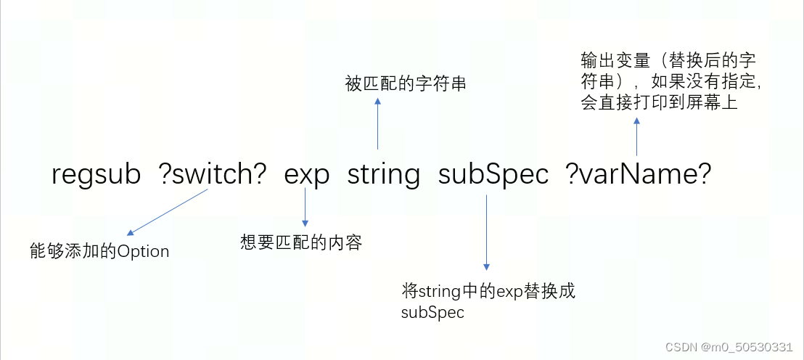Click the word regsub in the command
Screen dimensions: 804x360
97,176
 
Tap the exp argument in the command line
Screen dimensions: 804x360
306,176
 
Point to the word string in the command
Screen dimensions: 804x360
384,176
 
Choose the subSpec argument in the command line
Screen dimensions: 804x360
493,176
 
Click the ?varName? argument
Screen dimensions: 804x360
638,175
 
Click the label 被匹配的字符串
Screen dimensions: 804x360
405,84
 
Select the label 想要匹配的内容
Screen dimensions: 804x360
301,242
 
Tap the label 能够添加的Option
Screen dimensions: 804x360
99,251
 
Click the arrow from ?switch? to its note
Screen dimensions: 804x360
168,211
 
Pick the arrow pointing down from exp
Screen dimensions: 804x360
306,207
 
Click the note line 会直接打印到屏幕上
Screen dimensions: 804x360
659,102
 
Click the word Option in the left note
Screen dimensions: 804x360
143,252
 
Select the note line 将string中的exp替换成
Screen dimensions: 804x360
488,292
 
